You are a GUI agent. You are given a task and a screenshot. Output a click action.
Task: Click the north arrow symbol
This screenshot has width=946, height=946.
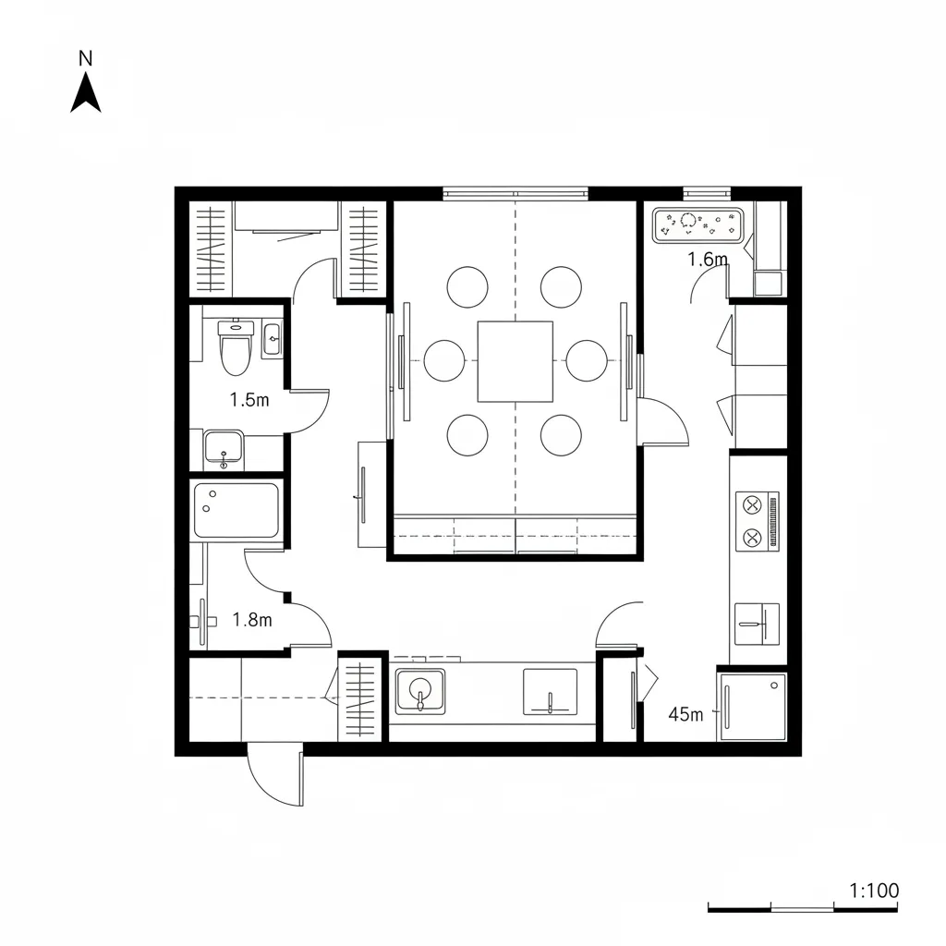click(x=86, y=94)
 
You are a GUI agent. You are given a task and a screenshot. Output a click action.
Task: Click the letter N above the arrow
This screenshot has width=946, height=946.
click(x=86, y=58)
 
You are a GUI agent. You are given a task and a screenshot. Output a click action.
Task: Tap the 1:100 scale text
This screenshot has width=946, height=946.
click(x=873, y=891)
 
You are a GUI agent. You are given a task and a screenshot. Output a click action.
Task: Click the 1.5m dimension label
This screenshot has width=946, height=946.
click(x=249, y=400)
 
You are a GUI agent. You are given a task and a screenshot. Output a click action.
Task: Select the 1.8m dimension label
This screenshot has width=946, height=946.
click(x=252, y=620)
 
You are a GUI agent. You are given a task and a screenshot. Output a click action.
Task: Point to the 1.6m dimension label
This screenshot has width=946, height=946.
click(x=708, y=260)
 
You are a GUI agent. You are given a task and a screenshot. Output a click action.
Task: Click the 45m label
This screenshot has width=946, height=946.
click(x=685, y=714)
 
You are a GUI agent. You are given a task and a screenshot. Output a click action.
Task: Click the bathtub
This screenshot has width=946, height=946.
click(x=236, y=510)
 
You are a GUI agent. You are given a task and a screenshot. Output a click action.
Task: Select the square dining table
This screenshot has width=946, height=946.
click(x=515, y=361)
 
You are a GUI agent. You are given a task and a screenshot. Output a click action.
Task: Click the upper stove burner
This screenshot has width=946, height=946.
click(x=751, y=505)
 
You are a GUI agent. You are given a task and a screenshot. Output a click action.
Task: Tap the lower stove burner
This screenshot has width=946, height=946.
click(x=751, y=537)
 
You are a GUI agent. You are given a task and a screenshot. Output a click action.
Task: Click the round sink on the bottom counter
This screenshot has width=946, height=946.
click(x=420, y=691)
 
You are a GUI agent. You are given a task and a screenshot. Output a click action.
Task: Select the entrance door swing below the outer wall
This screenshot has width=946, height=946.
click(x=274, y=777)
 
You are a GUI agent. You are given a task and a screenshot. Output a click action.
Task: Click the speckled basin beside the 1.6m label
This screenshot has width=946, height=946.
click(x=698, y=224)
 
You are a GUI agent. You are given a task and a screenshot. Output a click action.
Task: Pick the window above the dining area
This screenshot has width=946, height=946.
click(x=515, y=194)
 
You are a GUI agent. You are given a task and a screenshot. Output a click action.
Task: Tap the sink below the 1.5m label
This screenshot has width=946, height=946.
click(x=223, y=448)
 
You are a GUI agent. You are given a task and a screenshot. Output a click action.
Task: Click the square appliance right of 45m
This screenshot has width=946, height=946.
click(x=753, y=706)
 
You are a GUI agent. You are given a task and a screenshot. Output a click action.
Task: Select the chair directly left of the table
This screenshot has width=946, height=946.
click(x=444, y=360)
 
